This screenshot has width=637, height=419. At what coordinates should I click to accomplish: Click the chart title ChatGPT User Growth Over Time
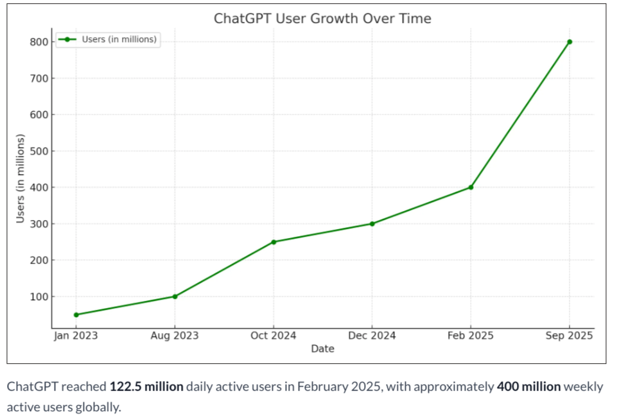point(322,19)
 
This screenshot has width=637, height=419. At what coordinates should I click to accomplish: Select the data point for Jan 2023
point(76,314)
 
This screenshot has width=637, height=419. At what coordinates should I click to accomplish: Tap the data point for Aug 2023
point(175,296)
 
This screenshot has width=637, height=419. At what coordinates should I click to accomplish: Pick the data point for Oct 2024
point(274,242)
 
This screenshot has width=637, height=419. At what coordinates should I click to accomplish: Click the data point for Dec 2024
point(372,224)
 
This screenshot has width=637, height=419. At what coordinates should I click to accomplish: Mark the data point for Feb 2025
point(471,187)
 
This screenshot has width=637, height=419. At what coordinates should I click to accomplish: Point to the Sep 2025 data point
point(570,42)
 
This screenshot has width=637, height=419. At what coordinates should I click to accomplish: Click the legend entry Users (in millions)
point(119,40)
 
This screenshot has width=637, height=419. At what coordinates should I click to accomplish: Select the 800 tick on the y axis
point(38,42)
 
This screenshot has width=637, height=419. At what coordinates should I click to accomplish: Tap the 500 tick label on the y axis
point(38,151)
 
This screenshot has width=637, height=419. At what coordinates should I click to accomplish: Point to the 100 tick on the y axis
point(38,297)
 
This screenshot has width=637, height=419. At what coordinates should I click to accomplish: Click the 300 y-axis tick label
point(38,224)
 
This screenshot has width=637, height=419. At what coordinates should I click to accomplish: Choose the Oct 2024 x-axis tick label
point(274,336)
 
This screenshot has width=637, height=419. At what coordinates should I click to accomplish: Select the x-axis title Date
point(322,349)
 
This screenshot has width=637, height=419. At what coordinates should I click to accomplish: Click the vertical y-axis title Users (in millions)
point(20,178)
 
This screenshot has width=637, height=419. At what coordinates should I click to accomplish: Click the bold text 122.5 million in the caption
point(146,387)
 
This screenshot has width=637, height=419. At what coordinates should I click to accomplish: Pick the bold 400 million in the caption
point(528,387)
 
